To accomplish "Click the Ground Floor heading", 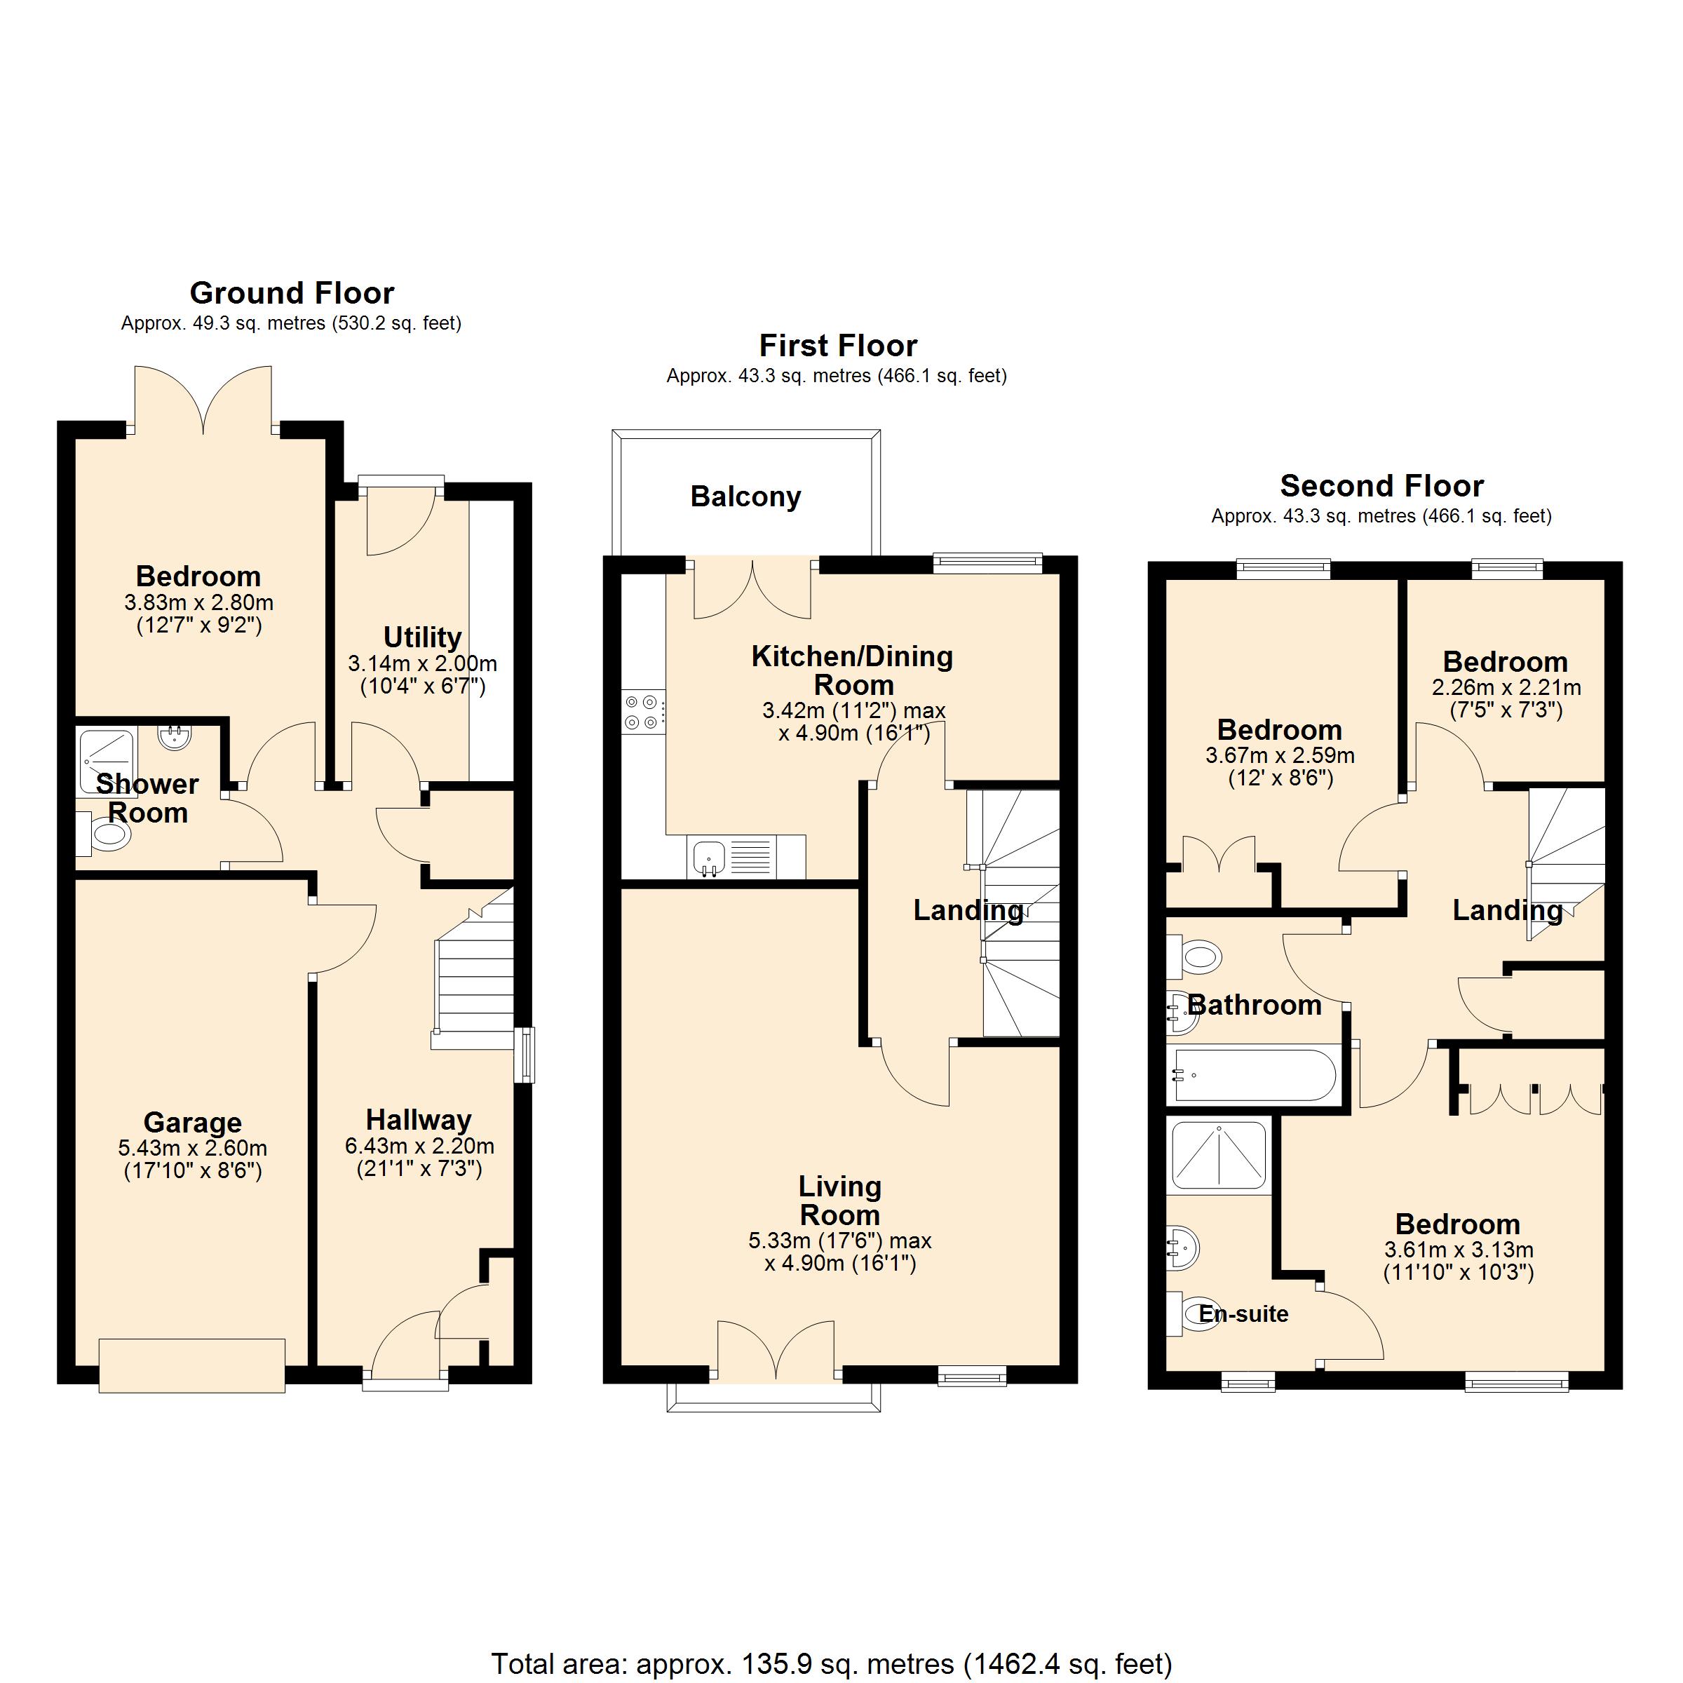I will coord(292,292).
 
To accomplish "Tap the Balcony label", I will coord(745,496).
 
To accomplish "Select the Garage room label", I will coord(193,1122).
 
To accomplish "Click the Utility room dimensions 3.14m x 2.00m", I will coord(422,664).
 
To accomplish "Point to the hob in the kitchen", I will coord(644,711).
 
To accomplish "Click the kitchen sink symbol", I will coord(709,858).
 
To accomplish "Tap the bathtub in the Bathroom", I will coord(1255,1075).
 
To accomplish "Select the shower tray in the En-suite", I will coord(1219,1155).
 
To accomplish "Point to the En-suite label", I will coord(1243,1313).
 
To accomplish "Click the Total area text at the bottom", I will coord(831,1664).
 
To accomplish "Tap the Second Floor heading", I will coord(1381,485).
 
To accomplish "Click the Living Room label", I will coord(840,1201).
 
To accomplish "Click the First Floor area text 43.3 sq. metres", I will coord(837,377).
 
